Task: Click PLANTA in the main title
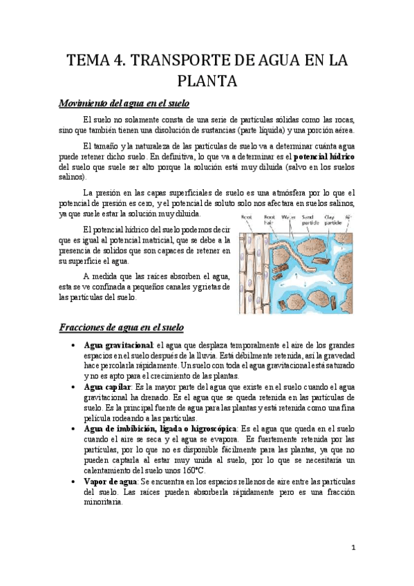click(x=207, y=82)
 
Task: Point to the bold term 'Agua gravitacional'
click(x=117, y=344)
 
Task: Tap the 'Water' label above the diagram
click(x=288, y=216)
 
